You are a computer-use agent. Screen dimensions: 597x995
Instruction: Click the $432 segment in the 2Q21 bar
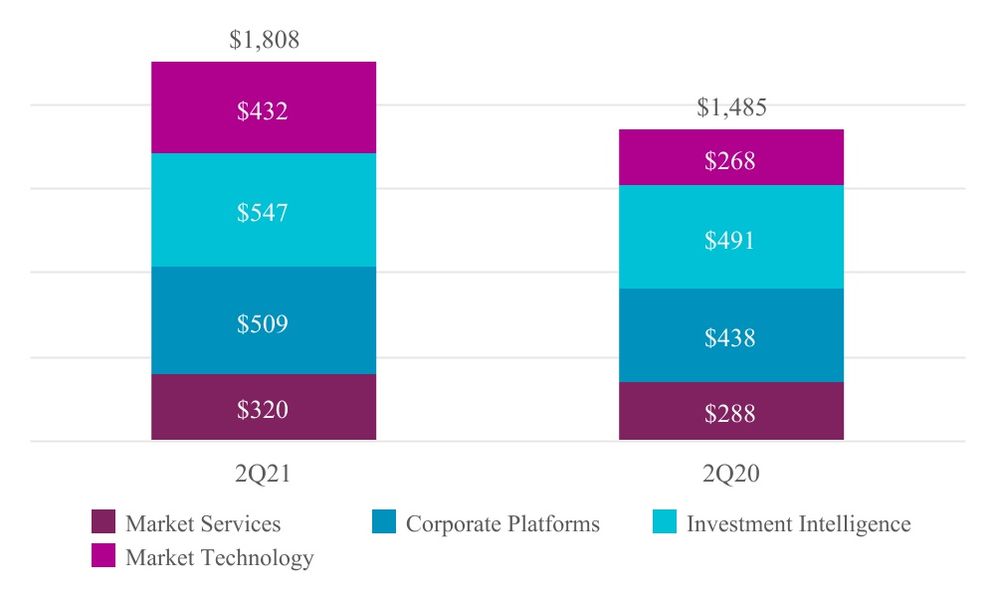point(263,107)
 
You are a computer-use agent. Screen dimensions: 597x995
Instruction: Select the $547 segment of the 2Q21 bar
point(263,210)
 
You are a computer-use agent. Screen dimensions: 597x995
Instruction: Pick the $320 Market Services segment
point(263,407)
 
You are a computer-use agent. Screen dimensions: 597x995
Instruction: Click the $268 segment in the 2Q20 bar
point(730,158)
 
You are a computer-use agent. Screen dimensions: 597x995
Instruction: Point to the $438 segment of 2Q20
point(730,335)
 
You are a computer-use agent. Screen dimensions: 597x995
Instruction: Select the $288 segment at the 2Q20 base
point(730,411)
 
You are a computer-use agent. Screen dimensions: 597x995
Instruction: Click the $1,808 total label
point(264,40)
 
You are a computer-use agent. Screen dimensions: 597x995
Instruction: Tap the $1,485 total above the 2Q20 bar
point(731,107)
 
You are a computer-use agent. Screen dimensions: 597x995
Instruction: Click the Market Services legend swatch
point(103,522)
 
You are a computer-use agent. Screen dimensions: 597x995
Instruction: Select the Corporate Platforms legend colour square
point(384,522)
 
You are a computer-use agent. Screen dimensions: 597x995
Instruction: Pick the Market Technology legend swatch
point(103,556)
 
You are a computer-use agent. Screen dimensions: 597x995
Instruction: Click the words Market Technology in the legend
point(219,558)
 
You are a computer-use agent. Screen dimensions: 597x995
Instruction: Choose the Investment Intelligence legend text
point(798,523)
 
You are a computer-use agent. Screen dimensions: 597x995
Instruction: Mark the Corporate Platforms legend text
point(502,523)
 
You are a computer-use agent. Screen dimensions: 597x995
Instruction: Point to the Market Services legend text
point(203,523)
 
